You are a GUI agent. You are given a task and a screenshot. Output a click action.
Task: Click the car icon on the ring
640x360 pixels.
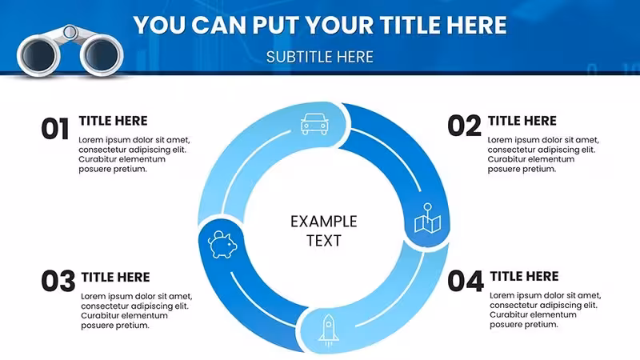click(x=314, y=124)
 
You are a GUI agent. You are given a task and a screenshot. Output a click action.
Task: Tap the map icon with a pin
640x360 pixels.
click(x=427, y=218)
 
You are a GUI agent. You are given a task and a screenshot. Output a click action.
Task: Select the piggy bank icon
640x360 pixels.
click(x=222, y=245)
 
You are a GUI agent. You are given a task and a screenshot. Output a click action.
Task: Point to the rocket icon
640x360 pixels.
click(x=329, y=330)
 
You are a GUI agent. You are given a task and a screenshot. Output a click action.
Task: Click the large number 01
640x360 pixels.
click(x=55, y=129)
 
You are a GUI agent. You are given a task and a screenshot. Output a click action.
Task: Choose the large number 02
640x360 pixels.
click(x=464, y=126)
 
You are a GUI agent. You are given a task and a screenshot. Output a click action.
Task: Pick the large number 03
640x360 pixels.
click(x=58, y=282)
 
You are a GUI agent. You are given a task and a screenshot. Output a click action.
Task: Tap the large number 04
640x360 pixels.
click(x=466, y=282)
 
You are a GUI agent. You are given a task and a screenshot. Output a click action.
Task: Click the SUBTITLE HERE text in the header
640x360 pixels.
click(x=319, y=57)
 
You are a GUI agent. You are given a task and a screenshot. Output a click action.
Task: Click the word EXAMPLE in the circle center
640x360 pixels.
click(x=324, y=222)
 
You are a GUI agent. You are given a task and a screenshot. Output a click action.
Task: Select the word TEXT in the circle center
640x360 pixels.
click(x=324, y=241)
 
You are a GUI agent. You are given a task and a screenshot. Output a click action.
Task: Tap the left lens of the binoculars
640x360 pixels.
click(x=38, y=55)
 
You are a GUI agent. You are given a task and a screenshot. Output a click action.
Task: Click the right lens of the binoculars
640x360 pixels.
click(x=102, y=54)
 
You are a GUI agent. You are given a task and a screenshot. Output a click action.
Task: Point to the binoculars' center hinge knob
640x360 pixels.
click(x=70, y=32)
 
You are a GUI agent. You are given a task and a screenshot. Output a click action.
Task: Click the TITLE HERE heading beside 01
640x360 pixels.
click(x=113, y=121)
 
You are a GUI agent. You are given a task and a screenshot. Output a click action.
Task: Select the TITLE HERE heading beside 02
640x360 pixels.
click(x=522, y=121)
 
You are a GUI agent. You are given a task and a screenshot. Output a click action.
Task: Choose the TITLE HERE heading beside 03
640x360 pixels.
click(x=115, y=277)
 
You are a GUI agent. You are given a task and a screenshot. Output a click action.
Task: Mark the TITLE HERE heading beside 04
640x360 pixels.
click(x=524, y=276)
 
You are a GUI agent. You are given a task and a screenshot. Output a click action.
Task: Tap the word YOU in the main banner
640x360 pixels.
click(x=159, y=25)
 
